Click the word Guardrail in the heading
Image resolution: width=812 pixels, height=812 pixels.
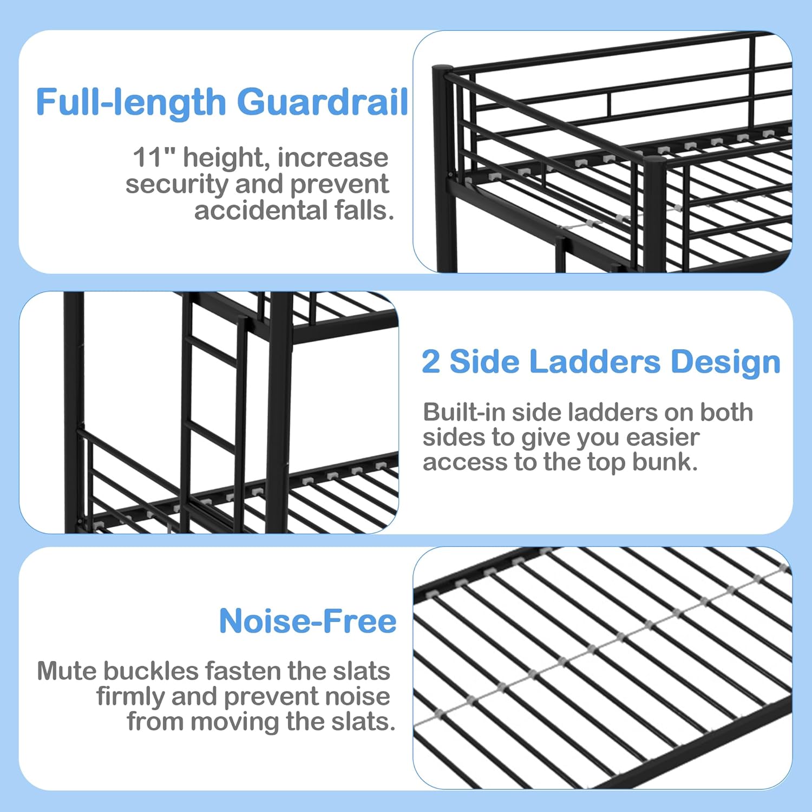coord(323,102)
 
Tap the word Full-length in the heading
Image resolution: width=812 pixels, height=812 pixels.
coord(131,102)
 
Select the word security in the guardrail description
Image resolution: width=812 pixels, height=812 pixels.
coord(177,185)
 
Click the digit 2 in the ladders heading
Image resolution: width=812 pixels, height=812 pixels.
coord(431,362)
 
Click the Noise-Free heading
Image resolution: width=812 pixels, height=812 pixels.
coord(307,621)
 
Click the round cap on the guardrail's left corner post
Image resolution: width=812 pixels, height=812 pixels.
coord(442,69)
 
